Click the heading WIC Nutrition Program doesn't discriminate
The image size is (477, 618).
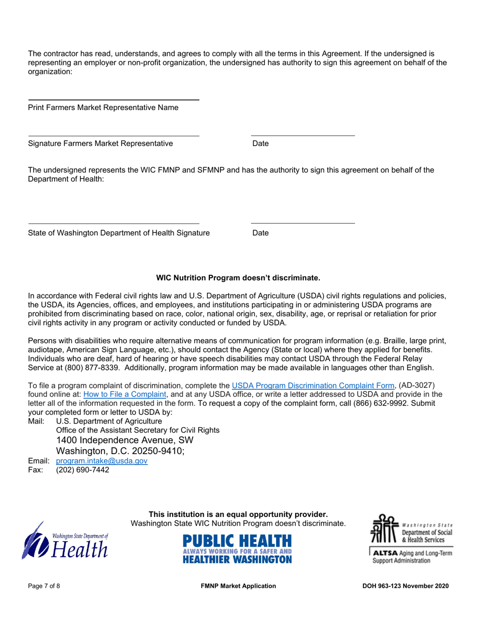point(238,277)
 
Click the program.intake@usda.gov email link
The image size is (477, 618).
point(102,461)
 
